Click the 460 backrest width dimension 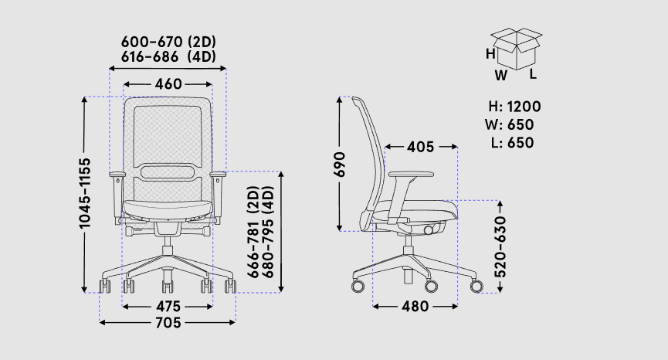168,84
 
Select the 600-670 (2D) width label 168,41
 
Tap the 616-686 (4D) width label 168,56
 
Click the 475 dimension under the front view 168,306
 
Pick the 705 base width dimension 168,323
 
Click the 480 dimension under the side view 415,307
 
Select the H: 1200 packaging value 514,107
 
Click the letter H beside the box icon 490,54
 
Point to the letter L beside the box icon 533,75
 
